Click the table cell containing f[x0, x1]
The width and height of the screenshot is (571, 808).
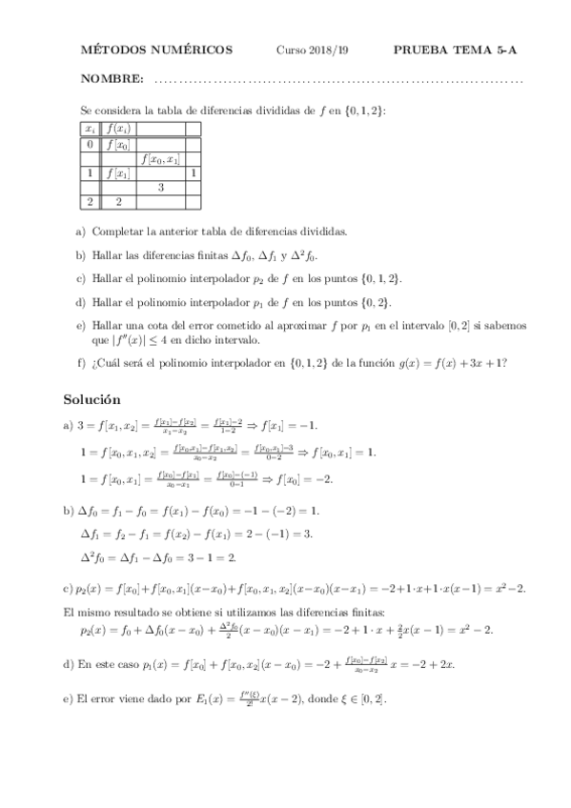[160, 159]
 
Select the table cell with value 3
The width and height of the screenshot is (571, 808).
[160, 188]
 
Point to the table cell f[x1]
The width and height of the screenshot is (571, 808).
[119, 173]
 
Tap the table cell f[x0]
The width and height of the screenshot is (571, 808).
[119, 145]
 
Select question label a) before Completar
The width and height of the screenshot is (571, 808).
[80, 232]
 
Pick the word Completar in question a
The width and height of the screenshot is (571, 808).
[118, 232]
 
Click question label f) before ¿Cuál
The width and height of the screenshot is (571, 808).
[80, 362]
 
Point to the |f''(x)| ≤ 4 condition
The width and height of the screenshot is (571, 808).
[140, 340]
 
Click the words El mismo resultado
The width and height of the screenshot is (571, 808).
[104, 610]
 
